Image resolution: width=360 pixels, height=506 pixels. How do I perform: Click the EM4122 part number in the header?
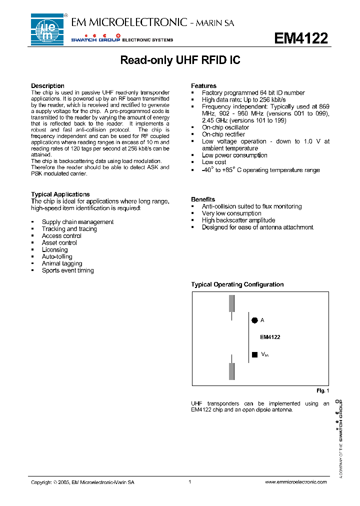pos(300,38)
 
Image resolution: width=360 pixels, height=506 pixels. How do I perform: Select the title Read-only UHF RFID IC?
pos(180,60)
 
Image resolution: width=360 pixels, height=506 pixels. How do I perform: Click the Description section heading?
pos(47,86)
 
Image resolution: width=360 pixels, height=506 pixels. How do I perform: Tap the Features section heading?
pos(203,86)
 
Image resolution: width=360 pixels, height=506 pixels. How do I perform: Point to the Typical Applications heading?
pos(60,194)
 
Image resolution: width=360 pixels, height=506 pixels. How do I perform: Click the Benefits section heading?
pos(203,199)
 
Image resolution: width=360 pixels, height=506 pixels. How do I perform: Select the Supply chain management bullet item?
pos(77,222)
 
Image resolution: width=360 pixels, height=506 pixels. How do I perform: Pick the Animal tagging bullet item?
pos(62,263)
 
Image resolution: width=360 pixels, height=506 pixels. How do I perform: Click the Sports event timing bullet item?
pos(67,270)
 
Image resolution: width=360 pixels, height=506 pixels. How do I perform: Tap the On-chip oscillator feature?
pos(225,127)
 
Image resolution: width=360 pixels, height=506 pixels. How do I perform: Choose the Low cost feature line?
pos(214,162)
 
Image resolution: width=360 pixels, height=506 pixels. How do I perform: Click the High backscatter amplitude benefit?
pos(238,220)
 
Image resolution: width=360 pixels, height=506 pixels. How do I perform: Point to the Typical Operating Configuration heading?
pos(237,284)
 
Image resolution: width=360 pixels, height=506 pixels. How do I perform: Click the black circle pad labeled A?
pos(254,320)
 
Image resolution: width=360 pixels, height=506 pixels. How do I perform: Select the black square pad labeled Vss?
pos(254,354)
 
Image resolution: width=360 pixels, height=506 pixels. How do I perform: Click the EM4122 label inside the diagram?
pos(270,337)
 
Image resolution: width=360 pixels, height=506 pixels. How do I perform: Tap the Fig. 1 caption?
pos(323,390)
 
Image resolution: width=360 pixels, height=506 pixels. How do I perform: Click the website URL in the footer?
pos(295,482)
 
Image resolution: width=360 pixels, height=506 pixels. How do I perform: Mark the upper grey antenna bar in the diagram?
pos(231,303)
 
